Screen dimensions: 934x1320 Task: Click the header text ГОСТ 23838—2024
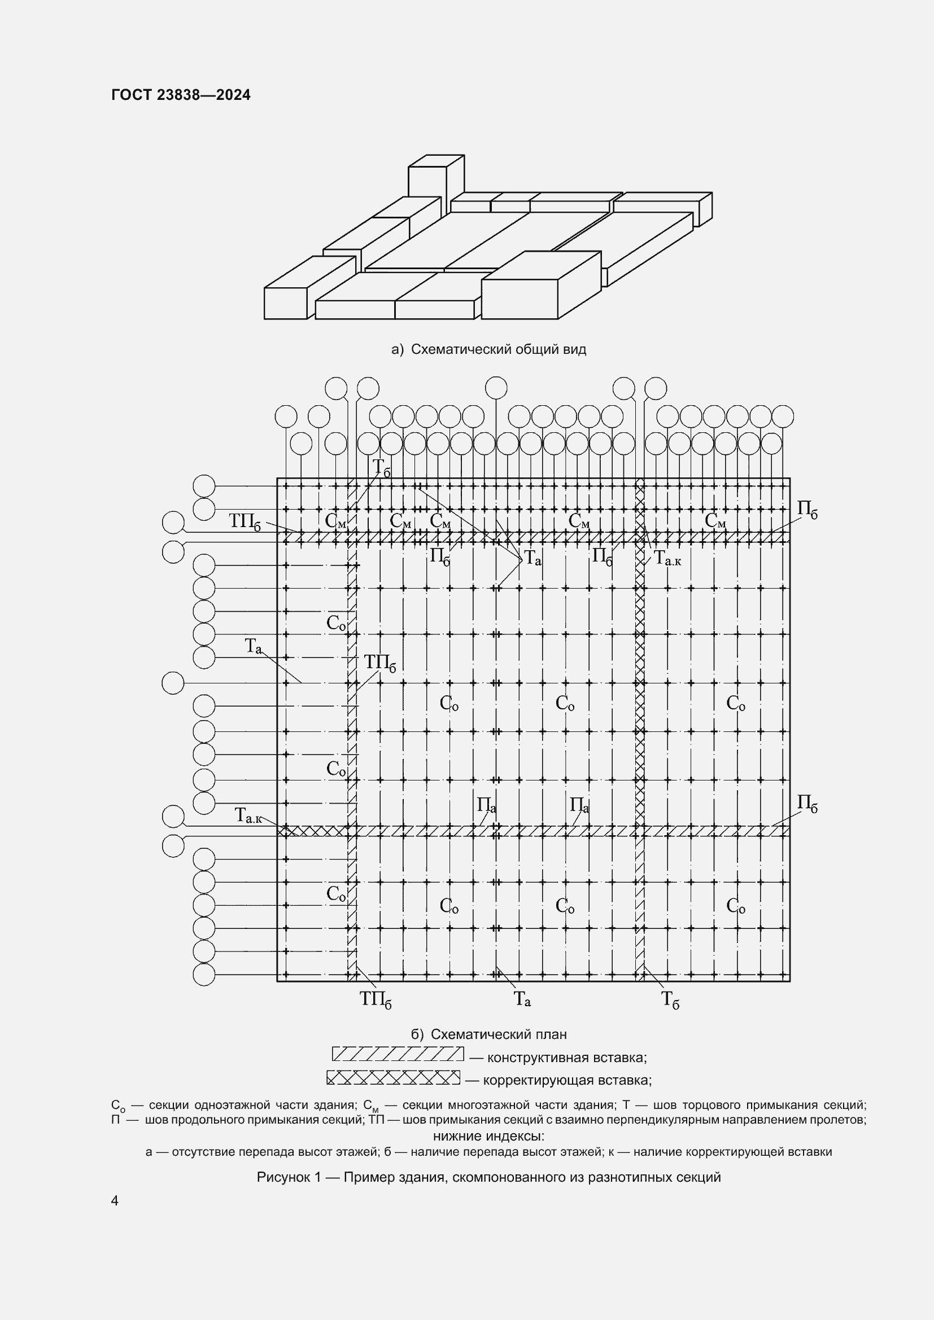coord(181,95)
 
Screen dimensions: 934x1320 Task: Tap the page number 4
coord(115,1200)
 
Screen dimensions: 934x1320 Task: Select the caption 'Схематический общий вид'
coord(498,349)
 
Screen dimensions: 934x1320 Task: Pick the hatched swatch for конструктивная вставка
coord(398,1054)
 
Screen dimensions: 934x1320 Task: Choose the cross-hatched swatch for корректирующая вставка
coord(394,1077)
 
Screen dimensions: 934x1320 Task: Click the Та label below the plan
coord(522,1000)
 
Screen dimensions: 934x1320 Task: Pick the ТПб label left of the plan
coord(245,521)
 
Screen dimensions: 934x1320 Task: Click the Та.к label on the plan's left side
coord(248,816)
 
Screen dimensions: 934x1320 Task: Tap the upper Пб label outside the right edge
coord(807,510)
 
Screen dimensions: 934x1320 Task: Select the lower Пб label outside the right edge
coord(807,803)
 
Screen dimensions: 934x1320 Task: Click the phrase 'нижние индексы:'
coord(488,1136)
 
